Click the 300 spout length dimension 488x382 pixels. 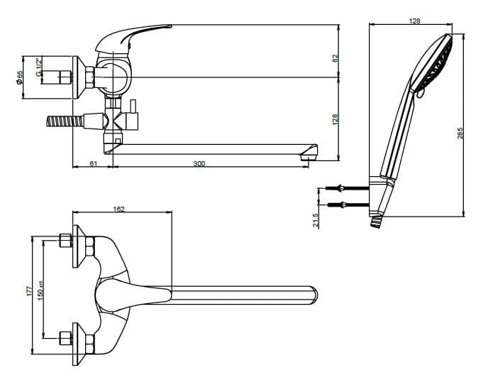coord(199,164)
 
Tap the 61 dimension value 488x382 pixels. coord(93,164)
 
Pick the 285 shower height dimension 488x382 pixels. coord(460,133)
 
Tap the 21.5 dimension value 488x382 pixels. coord(315,219)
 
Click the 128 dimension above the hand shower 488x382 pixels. coord(415,21)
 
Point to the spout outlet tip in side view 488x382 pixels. coord(309,153)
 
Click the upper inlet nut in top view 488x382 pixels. coord(67,240)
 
